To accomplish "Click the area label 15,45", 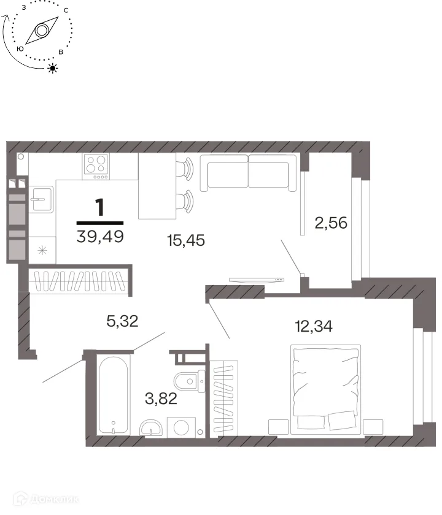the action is click(x=186, y=240).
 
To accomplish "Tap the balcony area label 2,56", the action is click(x=331, y=223).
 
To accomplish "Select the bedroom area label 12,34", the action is click(x=314, y=326).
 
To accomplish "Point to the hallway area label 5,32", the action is click(x=122, y=321).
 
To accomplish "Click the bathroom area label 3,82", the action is click(x=161, y=399).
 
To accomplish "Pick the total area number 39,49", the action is click(x=100, y=236).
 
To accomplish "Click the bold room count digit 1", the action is click(x=99, y=207).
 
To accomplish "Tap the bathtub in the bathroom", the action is click(x=113, y=395).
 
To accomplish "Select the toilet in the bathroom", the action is click(x=189, y=381).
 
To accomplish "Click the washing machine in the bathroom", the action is click(x=181, y=427).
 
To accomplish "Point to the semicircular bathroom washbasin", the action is click(x=151, y=428).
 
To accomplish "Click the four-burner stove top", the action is click(x=96, y=167).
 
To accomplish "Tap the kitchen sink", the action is click(x=41, y=199).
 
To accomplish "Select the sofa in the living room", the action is click(x=248, y=173).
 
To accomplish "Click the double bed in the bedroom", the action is click(x=325, y=389).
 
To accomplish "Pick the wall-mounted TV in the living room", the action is click(x=257, y=280).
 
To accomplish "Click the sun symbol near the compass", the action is click(x=53, y=68).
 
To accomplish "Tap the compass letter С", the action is click(x=66, y=10).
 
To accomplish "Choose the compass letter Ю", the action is click(x=20, y=49).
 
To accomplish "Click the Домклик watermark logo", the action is click(x=46, y=500).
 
